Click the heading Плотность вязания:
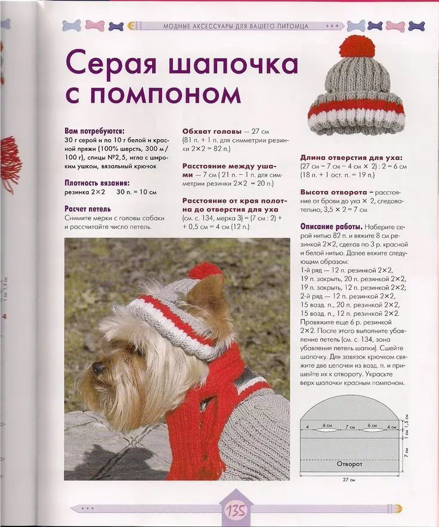(97, 183)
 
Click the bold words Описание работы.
(330, 227)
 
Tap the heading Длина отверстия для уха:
(351, 158)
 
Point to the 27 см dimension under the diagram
(349, 480)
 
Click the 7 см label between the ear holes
(350, 427)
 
